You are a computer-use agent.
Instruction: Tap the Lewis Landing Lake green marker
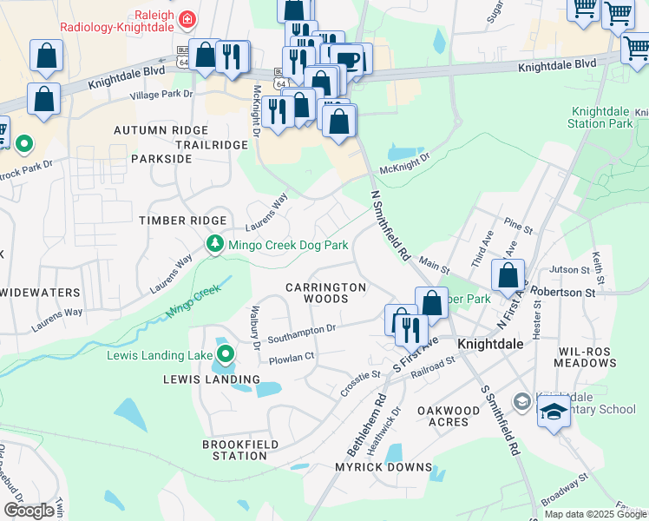[226, 354]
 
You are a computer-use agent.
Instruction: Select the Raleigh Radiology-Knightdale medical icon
[185, 18]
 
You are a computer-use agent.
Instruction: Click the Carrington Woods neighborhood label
[326, 293]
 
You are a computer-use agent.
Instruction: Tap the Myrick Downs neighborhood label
[383, 467]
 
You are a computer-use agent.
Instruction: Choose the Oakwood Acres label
[449, 416]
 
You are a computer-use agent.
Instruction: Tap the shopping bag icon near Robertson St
[508, 276]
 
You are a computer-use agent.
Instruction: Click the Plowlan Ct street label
[291, 356]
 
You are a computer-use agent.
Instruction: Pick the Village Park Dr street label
[161, 94]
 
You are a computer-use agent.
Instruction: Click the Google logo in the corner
[28, 511]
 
